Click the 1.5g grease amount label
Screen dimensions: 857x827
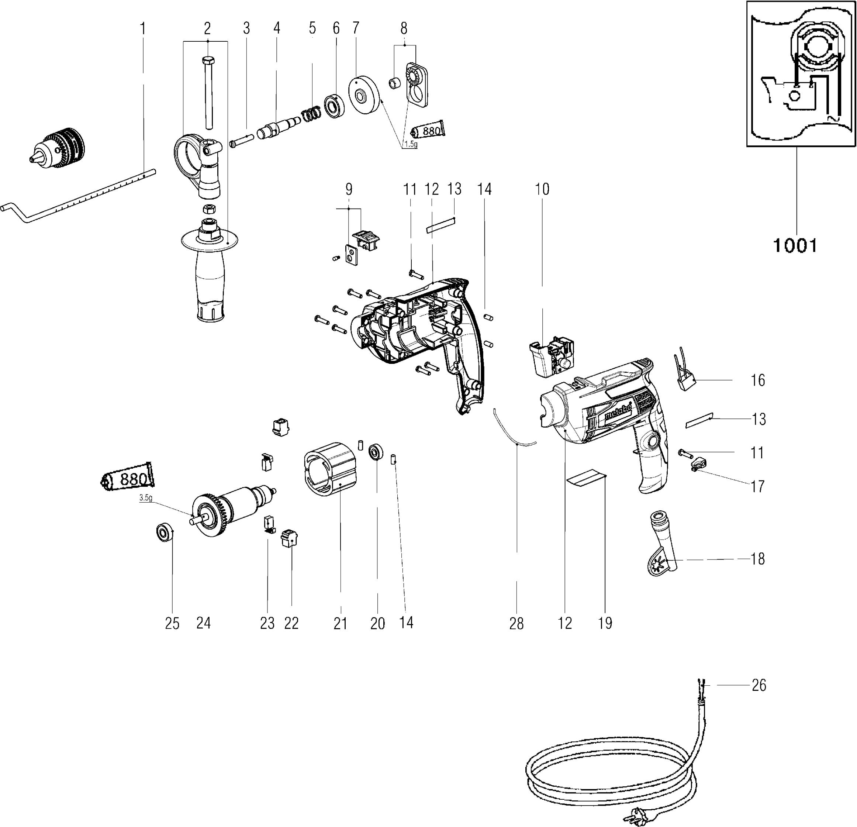pyautogui.click(x=410, y=144)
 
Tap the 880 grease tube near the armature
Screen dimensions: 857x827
pyautogui.click(x=127, y=477)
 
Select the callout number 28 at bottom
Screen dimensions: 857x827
pyautogui.click(x=516, y=624)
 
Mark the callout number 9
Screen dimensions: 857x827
pyautogui.click(x=349, y=189)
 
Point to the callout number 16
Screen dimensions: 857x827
pyautogui.click(x=758, y=380)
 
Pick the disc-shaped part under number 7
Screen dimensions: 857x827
pyautogui.click(x=364, y=95)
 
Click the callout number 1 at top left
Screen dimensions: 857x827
pyautogui.click(x=142, y=29)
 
